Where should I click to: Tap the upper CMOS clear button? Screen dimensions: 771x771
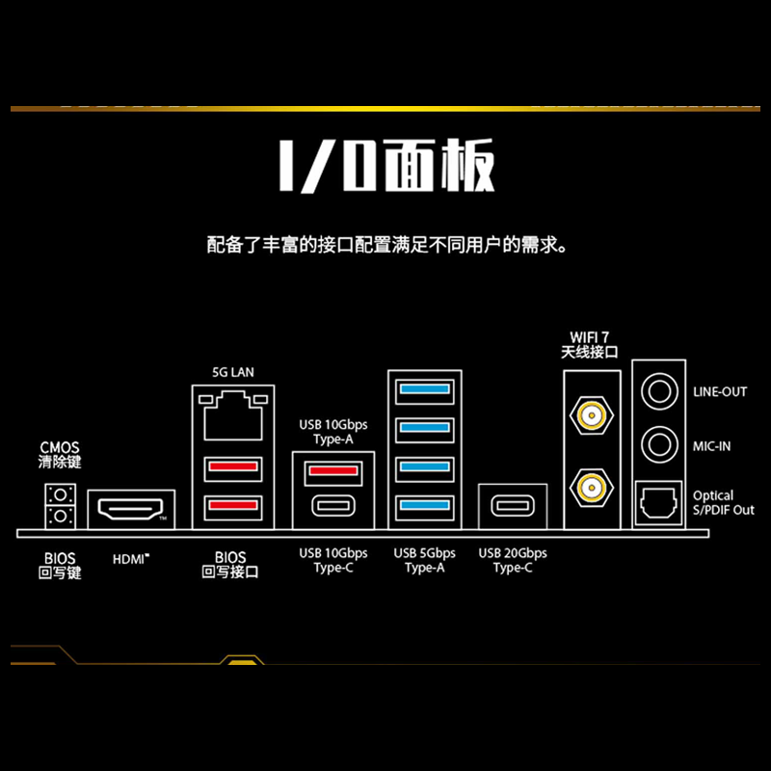pos(60,495)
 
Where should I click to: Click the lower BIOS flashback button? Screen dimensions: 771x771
pos(60,518)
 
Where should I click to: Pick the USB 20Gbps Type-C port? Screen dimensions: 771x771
pos(515,506)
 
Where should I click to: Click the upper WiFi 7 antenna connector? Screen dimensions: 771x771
pos(590,416)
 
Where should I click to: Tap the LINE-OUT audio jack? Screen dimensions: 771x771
pos(659,391)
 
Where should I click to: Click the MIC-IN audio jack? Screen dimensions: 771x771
pos(659,444)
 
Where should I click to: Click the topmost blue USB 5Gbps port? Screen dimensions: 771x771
pos(425,389)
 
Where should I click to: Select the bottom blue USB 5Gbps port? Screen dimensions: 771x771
pos(425,505)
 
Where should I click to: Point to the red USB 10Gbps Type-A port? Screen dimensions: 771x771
pos(332,471)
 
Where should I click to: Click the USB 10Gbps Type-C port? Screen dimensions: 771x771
pos(332,506)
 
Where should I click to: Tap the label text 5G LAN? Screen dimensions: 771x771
pos(233,371)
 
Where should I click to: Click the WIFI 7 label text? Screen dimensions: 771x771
pos(589,336)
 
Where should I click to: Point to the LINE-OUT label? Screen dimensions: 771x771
pos(720,392)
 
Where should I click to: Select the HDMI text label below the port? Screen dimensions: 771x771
pos(131,558)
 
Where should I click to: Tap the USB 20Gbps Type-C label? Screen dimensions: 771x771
pos(513,560)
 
